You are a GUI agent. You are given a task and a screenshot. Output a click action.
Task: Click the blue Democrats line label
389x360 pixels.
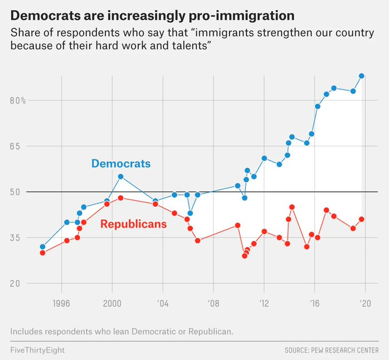(121, 164)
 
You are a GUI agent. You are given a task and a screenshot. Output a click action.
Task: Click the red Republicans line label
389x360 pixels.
(133, 224)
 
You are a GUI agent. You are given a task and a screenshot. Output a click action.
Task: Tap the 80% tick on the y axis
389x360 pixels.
(18, 100)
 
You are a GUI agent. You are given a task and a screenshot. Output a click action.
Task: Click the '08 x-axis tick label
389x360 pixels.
(213, 303)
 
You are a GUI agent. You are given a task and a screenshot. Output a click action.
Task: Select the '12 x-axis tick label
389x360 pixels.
(264, 303)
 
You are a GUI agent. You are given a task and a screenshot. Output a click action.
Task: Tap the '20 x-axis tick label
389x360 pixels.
(365, 303)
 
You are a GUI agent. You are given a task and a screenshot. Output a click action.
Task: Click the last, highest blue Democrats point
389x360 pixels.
(362, 76)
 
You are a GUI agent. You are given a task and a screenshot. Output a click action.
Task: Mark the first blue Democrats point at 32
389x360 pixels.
(42, 247)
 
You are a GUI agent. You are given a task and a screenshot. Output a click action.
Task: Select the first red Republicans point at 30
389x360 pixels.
(42, 252)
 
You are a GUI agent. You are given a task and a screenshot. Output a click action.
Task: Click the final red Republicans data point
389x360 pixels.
(362, 219)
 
